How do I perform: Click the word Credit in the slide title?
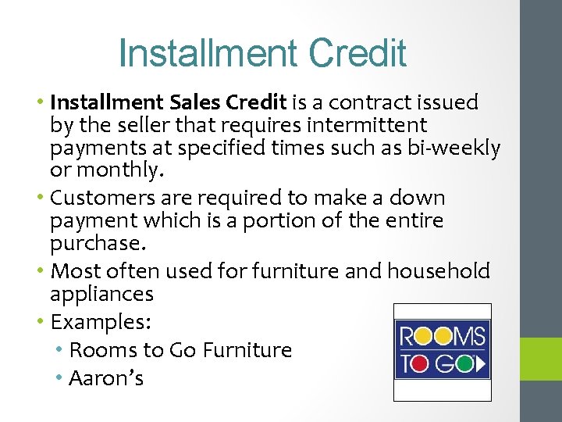(x=357, y=53)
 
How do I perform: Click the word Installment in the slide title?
(x=208, y=53)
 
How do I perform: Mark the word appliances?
(x=101, y=295)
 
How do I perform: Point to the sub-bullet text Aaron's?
(x=106, y=378)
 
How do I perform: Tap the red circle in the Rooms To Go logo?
(x=423, y=336)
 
